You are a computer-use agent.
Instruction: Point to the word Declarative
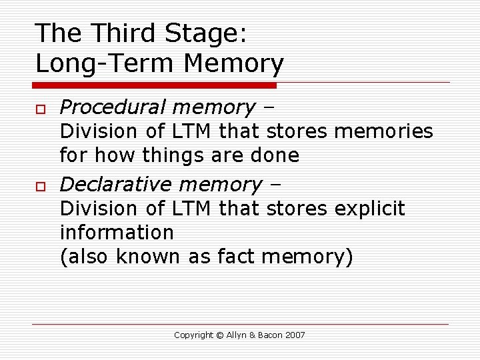[x=114, y=184]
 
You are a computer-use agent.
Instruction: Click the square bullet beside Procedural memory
[x=41, y=109]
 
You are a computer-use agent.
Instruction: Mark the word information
[x=117, y=233]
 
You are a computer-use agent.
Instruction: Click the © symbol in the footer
[x=219, y=335]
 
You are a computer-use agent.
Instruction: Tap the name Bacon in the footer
[x=270, y=335]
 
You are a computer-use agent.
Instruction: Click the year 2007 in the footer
[x=296, y=335]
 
